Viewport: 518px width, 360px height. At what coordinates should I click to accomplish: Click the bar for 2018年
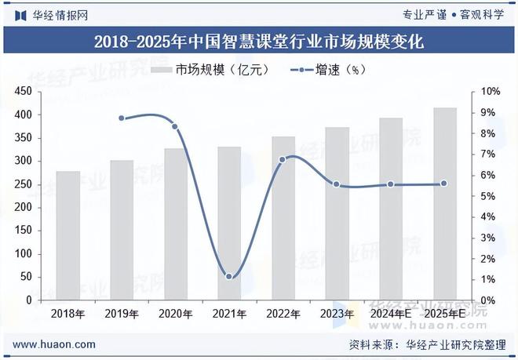pyautogui.click(x=67, y=235)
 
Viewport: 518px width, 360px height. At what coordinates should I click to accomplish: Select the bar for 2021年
pyautogui.click(x=228, y=224)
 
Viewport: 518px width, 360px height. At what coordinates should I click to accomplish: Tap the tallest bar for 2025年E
pyautogui.click(x=444, y=204)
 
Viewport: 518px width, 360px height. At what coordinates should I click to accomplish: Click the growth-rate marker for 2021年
pyautogui.click(x=228, y=276)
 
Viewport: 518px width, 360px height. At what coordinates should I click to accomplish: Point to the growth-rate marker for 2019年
pyautogui.click(x=122, y=118)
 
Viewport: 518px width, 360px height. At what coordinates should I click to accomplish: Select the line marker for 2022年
pyautogui.click(x=283, y=159)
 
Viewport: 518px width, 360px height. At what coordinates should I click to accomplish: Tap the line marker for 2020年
pyautogui.click(x=175, y=126)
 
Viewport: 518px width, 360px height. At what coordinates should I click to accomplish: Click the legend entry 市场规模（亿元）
pyautogui.click(x=210, y=70)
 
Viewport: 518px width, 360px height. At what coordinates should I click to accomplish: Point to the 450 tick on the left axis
pyautogui.click(x=23, y=92)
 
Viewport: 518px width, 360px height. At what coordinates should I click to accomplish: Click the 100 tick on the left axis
pyautogui.click(x=23, y=254)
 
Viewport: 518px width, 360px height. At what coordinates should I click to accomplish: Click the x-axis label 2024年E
pyautogui.click(x=390, y=314)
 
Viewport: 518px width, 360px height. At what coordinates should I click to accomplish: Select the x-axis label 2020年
pyautogui.click(x=175, y=314)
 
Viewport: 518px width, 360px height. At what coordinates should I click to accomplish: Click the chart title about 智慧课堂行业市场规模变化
pyautogui.click(x=258, y=42)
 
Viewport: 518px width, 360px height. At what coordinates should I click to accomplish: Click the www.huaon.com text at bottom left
pyautogui.click(x=55, y=344)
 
